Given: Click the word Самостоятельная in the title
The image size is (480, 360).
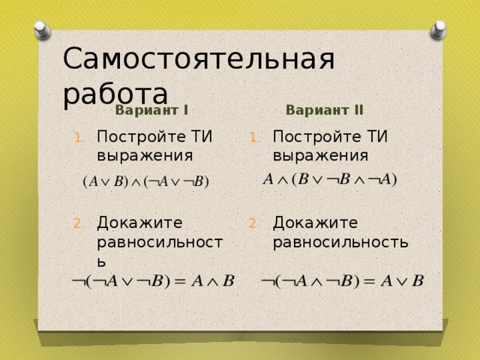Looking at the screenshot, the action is click(x=199, y=58).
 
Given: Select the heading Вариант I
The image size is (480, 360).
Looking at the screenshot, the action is click(x=151, y=110).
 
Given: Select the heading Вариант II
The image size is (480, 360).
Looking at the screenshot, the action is click(x=325, y=110).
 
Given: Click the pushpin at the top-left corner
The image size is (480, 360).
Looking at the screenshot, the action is click(x=42, y=30).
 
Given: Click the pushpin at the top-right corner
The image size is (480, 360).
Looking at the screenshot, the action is click(x=438, y=30).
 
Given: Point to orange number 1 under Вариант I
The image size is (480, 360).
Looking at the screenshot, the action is click(x=79, y=138).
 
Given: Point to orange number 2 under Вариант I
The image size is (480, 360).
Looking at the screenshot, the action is click(x=79, y=223).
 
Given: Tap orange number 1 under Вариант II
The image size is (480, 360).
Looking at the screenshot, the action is click(x=255, y=138).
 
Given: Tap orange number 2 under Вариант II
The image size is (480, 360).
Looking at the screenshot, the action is click(x=254, y=223).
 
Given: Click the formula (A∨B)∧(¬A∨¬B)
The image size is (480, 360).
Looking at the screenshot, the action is click(x=145, y=181).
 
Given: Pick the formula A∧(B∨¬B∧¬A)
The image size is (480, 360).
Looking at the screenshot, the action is click(x=330, y=179).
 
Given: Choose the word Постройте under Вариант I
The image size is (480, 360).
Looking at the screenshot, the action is click(x=141, y=136).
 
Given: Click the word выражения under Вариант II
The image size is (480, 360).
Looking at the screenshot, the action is click(x=320, y=155).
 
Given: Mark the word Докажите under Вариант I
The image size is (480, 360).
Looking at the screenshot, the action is click(x=139, y=223).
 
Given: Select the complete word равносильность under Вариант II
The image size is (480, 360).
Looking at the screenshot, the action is click(x=340, y=242).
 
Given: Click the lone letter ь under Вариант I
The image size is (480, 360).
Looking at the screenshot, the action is click(x=102, y=262).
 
